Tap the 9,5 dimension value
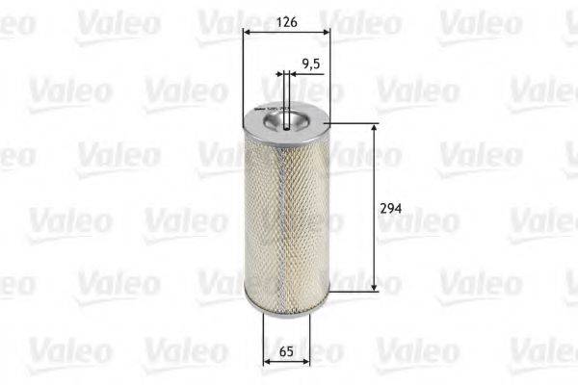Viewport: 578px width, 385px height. pyautogui.click(x=310, y=64)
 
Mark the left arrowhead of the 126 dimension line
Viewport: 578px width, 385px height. pyautogui.click(x=248, y=32)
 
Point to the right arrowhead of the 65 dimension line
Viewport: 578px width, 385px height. pyautogui.click(x=307, y=363)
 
